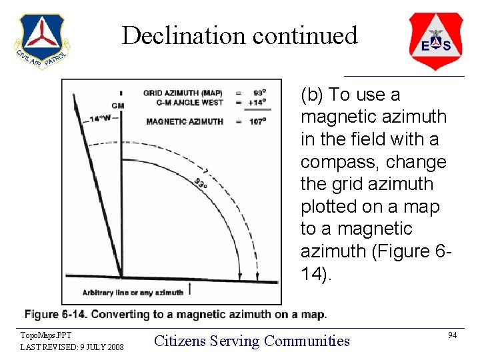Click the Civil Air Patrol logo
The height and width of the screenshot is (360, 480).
(42, 41)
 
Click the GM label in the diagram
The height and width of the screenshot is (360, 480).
(117, 106)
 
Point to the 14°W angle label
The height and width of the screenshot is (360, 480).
(100, 119)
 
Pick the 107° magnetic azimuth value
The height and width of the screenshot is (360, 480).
(257, 121)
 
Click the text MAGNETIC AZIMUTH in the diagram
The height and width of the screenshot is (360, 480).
(184, 121)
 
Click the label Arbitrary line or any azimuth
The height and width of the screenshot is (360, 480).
(133, 292)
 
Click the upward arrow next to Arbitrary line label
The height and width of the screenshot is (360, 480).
(191, 289)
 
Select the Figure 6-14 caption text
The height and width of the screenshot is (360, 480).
(175, 314)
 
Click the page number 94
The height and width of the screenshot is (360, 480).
(452, 335)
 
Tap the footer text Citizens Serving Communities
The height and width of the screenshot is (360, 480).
(252, 341)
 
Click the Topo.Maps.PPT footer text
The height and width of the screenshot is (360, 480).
(45, 335)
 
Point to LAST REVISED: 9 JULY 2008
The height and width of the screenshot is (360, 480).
(72, 347)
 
